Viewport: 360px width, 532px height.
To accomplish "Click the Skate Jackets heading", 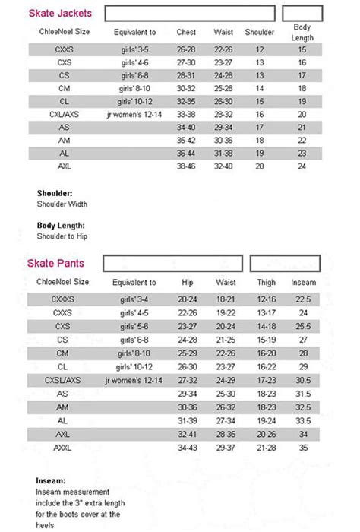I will (61, 13).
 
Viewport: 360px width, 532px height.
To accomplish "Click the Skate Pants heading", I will (56, 264).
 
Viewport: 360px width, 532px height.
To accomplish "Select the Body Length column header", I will (302, 32).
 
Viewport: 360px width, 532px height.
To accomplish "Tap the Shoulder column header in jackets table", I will (260, 33).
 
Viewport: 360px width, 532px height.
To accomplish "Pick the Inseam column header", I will (302, 282).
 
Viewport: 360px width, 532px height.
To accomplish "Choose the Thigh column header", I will (266, 282).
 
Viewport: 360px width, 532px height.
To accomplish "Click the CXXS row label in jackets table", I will (64, 49).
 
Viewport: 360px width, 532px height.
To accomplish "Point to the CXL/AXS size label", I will (64, 114).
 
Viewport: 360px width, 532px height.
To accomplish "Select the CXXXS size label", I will (64, 299).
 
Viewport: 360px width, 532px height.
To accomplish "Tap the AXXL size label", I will (64, 448).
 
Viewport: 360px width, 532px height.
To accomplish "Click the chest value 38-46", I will (186, 166).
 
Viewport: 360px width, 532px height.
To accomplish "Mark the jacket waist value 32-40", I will (223, 166).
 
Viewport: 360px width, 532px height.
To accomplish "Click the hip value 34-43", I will (188, 448).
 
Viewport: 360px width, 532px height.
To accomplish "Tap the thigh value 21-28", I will (266, 448).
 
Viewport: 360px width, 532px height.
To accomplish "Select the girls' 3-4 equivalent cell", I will (135, 299).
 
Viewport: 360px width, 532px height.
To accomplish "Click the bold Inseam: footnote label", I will (50, 480).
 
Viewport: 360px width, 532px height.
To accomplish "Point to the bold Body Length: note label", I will (61, 226).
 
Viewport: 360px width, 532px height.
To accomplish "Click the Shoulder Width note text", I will (62, 204).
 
